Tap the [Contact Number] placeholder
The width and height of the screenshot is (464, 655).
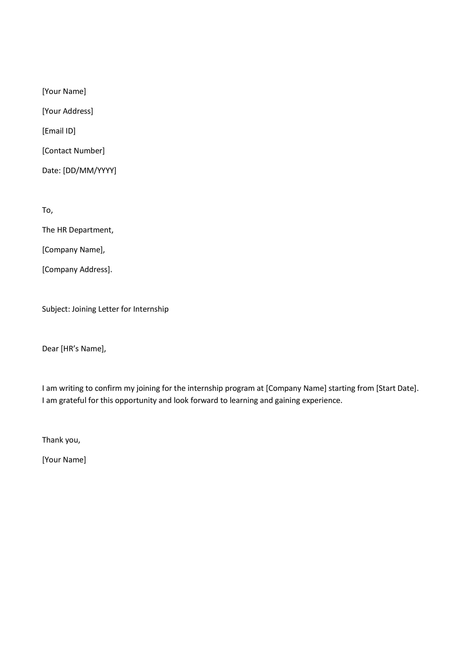[73, 151]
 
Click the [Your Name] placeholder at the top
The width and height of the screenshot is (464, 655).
[64, 91]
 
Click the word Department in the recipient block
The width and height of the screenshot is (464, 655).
[91, 230]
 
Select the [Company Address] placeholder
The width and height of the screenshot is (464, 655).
[76, 270]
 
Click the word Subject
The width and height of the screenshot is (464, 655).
[55, 309]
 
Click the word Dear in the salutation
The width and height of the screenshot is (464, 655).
[50, 349]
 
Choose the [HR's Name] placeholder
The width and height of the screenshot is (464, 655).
[82, 349]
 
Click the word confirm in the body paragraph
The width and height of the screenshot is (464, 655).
[108, 388]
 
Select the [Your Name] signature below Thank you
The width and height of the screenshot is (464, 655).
[64, 460]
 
